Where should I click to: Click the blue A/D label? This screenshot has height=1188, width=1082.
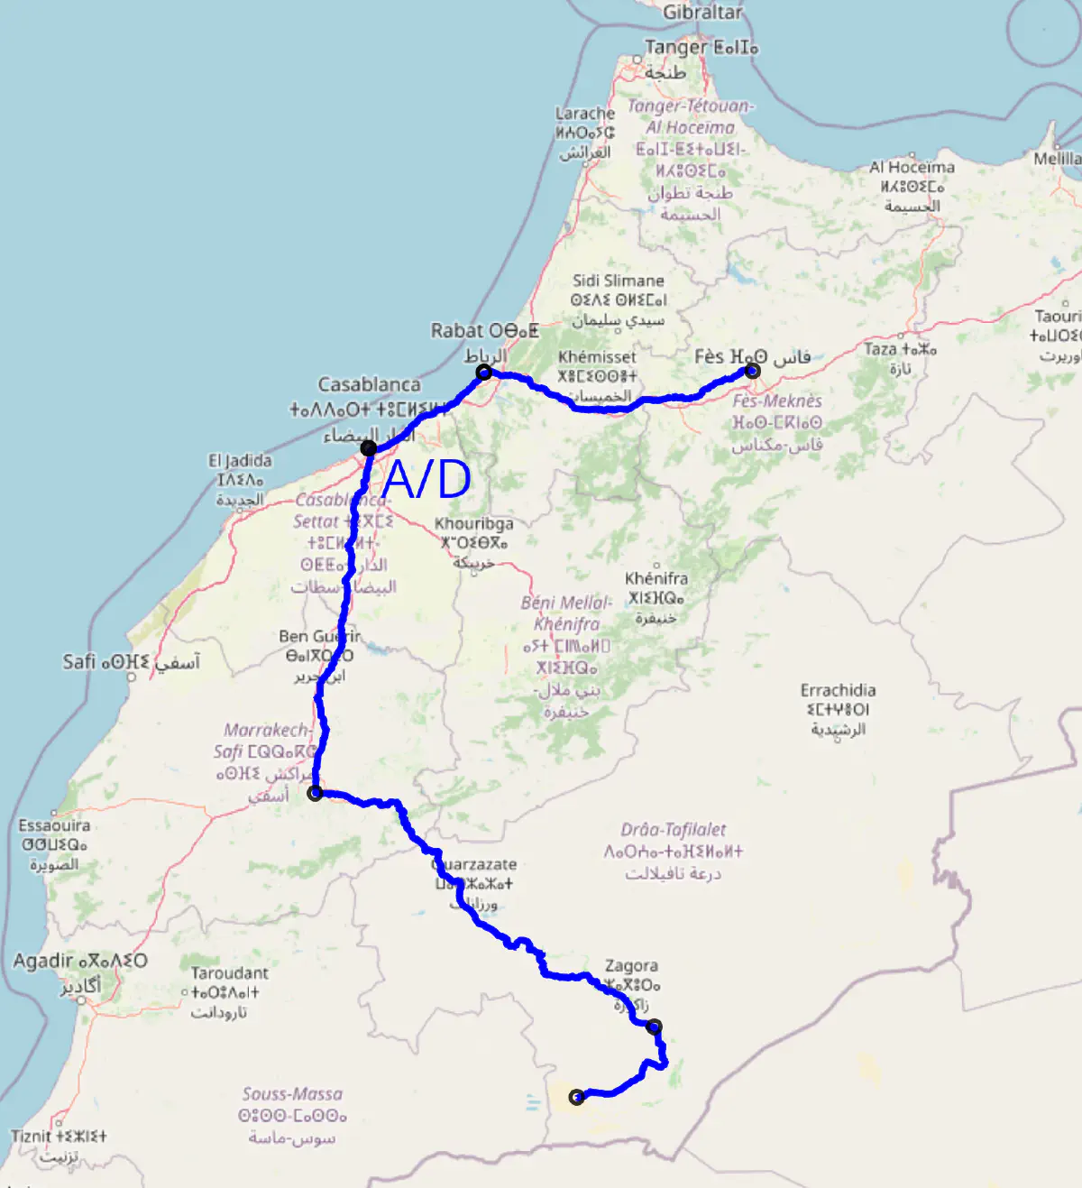[x=426, y=479]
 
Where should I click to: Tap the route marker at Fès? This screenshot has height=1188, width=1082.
[x=752, y=371]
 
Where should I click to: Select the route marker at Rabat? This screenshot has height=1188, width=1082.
[x=484, y=372]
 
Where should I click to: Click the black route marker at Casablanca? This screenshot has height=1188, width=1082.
[x=368, y=448]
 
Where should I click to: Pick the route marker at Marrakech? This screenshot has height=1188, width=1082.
[x=315, y=793]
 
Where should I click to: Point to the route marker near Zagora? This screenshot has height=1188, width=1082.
[x=655, y=1027]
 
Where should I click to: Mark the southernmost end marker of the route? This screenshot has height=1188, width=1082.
[x=577, y=1097]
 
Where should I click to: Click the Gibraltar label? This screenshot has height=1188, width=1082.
[x=702, y=13]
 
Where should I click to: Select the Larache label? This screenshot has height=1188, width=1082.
[x=585, y=114]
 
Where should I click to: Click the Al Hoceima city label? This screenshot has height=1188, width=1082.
[x=912, y=167]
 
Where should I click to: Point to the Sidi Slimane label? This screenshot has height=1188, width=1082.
[x=618, y=281]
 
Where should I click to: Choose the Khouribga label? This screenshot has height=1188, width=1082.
[x=473, y=523]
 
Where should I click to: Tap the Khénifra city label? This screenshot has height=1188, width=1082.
[x=656, y=578]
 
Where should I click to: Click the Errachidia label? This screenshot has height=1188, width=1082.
[x=838, y=690]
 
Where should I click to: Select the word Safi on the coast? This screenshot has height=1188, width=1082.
[x=78, y=662]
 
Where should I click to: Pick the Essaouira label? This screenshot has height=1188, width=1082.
[x=54, y=825]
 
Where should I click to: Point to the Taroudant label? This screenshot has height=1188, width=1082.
[x=229, y=972]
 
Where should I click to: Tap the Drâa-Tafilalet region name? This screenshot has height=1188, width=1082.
[x=673, y=830]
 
